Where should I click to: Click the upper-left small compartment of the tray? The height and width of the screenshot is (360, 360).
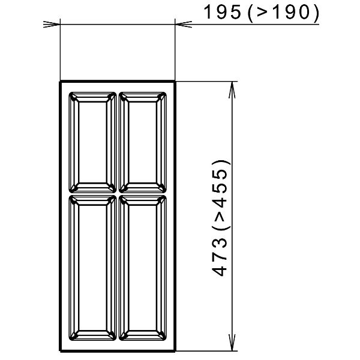pyautogui.click(x=92, y=142)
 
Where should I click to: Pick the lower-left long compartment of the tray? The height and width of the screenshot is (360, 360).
pyautogui.click(x=92, y=268)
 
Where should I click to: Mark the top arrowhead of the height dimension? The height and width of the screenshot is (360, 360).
pyautogui.click(x=232, y=87)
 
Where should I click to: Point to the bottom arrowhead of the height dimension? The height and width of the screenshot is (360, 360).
pyautogui.click(x=232, y=344)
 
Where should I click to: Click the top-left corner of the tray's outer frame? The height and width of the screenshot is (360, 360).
pyautogui.click(x=60, y=81)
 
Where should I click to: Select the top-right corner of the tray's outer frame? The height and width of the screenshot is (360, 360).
pyautogui.click(x=175, y=81)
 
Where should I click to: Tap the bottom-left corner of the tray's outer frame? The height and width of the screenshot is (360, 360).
pyautogui.click(x=60, y=350)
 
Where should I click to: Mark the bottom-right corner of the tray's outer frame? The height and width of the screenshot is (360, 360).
pyautogui.click(x=175, y=350)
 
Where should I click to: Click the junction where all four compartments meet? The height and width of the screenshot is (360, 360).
pyautogui.click(x=118, y=194)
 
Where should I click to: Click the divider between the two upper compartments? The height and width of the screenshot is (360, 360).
pyautogui.click(x=118, y=142)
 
